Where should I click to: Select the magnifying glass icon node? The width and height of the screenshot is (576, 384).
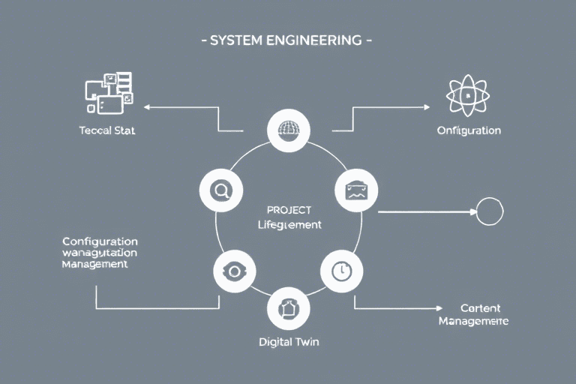pos(220,190)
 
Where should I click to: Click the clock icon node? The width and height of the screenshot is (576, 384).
pos(341,271)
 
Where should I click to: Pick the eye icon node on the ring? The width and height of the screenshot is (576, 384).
pos(234,271)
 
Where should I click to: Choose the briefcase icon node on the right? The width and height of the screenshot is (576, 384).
pos(355,190)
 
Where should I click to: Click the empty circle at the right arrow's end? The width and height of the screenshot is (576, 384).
pos(490,211)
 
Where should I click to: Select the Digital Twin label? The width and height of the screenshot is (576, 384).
pos(289,342)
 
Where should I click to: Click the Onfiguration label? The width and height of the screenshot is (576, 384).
pos(469,130)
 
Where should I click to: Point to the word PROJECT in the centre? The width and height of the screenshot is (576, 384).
pos(289,210)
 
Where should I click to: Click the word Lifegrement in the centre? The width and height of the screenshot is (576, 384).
pos(289,224)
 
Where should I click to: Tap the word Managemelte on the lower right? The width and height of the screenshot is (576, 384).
pos(473,322)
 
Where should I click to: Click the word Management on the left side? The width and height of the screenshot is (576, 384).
pos(95,265)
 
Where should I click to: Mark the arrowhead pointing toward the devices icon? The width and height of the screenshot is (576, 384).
pos(148,107)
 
